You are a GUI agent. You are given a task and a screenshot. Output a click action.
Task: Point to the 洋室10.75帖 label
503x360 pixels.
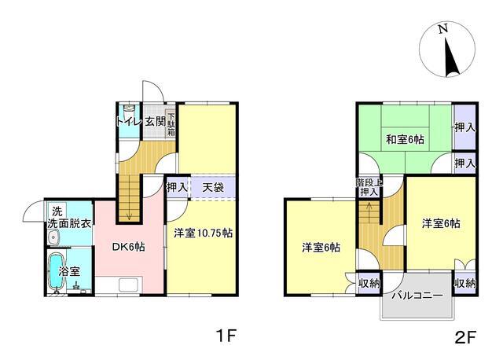(x=203, y=233)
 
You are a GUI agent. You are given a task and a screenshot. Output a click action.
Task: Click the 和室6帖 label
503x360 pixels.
(x=404, y=140)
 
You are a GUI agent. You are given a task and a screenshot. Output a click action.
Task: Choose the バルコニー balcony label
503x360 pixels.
(x=416, y=297)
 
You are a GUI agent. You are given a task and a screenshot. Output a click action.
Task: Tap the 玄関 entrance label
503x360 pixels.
(x=154, y=122)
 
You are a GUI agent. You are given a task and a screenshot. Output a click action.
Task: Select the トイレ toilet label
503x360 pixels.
(x=128, y=122)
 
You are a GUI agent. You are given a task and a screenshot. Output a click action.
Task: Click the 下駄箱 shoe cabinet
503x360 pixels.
(x=171, y=125)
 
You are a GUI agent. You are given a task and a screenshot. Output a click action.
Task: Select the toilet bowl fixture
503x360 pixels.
(x=129, y=110)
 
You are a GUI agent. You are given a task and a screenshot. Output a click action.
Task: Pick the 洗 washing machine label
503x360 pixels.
(x=57, y=211)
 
